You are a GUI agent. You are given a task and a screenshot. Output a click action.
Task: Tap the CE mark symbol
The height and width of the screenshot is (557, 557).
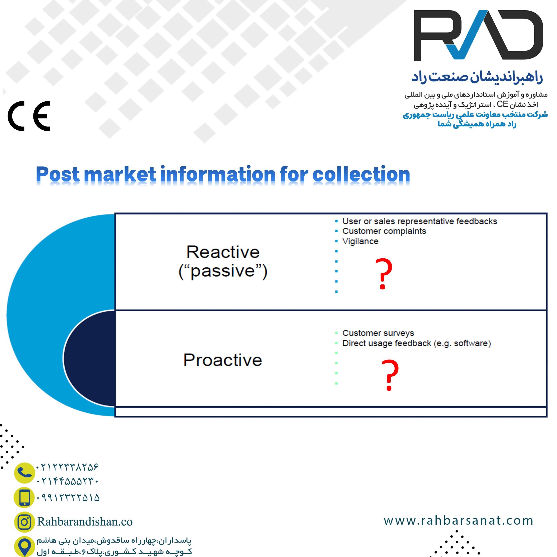pos(29,116)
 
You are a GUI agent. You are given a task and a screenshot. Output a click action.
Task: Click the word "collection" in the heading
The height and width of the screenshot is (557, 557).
pos(361,175)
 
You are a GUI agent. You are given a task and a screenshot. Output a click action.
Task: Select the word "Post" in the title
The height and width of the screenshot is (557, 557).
pos(58,175)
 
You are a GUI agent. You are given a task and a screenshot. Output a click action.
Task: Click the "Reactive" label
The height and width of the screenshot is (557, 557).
pos(223,252)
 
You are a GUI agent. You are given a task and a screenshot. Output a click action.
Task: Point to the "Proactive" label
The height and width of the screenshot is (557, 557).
pos(223,360)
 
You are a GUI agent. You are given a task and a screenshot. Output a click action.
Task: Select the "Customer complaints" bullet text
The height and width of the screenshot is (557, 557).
pos(384,231)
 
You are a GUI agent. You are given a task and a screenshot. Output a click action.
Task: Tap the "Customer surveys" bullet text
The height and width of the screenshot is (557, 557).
pos(378,333)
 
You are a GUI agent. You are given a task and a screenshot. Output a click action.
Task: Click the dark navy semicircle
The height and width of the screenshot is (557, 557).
pos(89,358)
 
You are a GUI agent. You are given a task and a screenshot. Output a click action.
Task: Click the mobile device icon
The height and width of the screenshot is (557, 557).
pos(24,497)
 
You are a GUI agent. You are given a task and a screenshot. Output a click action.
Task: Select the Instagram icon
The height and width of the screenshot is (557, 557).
pos(24,522)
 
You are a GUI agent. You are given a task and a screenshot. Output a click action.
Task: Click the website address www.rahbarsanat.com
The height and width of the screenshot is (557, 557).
pos(458,521)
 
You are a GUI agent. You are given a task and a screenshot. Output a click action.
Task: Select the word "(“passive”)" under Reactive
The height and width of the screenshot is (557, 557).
pos(223,271)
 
